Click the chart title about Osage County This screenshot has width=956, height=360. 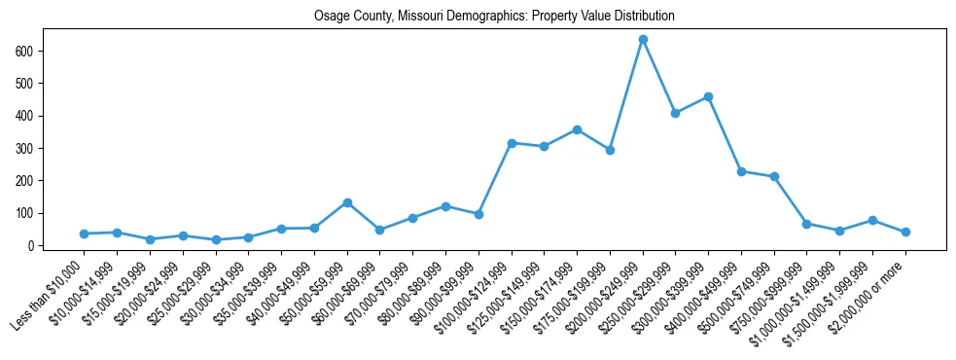tap(494, 17)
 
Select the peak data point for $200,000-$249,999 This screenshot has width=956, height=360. tap(643, 39)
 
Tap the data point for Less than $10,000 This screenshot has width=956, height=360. tap(84, 234)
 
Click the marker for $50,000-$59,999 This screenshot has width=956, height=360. tap(347, 202)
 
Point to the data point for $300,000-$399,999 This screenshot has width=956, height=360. tap(708, 96)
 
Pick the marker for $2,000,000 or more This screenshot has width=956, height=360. tap(905, 232)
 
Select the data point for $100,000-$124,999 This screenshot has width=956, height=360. tap(512, 143)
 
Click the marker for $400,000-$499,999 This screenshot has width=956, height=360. tap(741, 171)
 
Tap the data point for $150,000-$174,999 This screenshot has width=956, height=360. tap(577, 129)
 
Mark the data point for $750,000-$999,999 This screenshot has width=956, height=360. tap(807, 224)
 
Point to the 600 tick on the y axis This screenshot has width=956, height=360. tap(27, 51)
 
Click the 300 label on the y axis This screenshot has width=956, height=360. tap(27, 148)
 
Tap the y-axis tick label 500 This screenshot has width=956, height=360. tap(27, 83)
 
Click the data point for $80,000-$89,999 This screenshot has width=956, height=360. tap(445, 206)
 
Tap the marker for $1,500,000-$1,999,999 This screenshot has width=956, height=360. tap(872, 220)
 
